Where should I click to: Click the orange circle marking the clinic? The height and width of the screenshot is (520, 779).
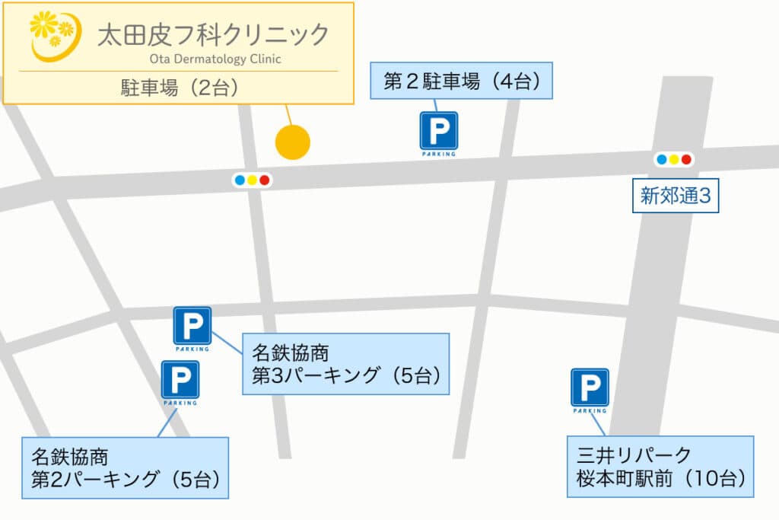click(x=292, y=142)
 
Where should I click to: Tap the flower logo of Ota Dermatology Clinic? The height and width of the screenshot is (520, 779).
click(x=53, y=35)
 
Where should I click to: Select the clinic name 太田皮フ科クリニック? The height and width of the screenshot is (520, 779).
click(x=214, y=35)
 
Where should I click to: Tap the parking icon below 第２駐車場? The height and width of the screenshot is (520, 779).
click(x=439, y=132)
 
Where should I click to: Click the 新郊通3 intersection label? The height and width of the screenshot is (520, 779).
click(x=676, y=196)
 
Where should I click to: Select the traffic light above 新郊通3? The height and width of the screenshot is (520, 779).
click(x=674, y=159)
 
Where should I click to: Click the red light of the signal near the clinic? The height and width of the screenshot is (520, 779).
click(x=265, y=180)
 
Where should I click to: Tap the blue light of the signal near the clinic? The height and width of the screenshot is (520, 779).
click(x=240, y=180)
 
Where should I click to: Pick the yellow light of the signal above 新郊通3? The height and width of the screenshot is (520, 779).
click(x=674, y=159)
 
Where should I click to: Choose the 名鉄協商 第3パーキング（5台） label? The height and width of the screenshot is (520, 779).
click(x=345, y=364)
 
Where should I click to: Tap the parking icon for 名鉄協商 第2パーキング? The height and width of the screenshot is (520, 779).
click(x=180, y=380)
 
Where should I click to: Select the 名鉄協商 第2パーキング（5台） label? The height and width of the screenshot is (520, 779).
click(x=126, y=468)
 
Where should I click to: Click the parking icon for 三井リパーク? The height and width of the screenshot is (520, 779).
click(x=590, y=388)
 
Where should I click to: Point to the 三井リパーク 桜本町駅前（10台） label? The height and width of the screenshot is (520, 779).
click(x=660, y=467)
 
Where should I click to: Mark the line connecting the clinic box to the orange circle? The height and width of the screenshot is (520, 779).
click(x=288, y=114)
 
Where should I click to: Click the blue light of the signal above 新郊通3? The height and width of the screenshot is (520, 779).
click(x=662, y=159)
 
